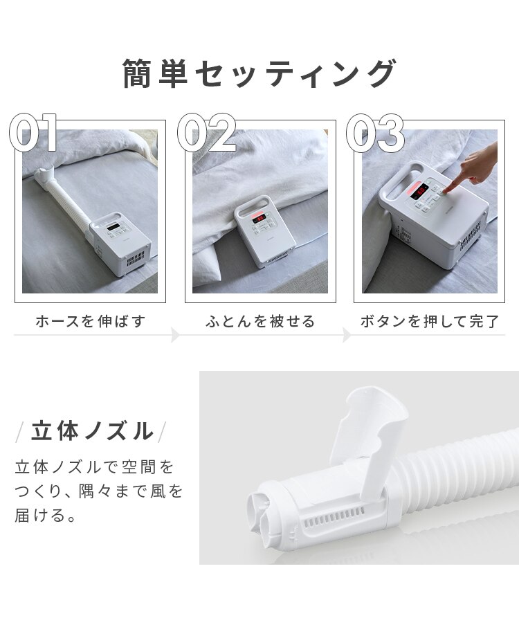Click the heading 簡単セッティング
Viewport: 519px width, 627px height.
tap(259, 74)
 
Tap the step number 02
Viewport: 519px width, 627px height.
tap(206, 133)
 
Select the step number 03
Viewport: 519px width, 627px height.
tap(375, 133)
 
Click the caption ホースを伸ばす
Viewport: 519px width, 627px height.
tap(90, 322)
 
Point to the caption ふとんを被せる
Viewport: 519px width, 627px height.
tap(260, 322)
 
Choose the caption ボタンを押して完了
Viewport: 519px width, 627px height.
tap(429, 322)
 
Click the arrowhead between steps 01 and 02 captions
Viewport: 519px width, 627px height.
tap(176, 336)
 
